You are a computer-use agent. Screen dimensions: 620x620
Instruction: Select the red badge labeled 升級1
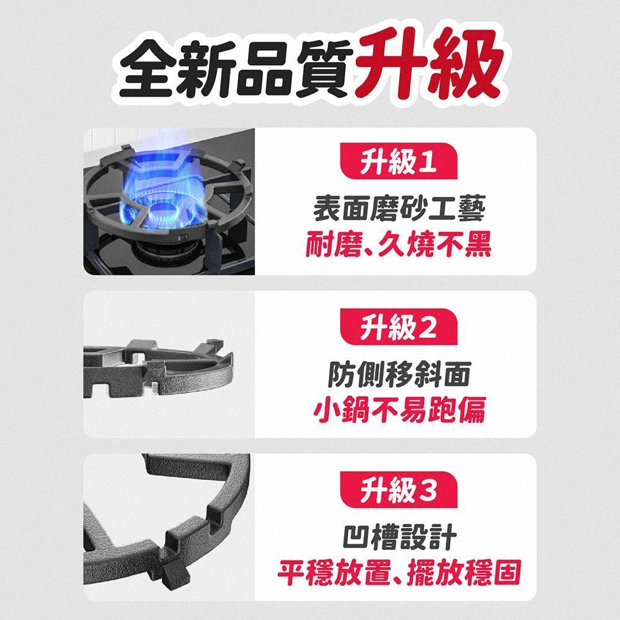pyautogui.click(x=399, y=161)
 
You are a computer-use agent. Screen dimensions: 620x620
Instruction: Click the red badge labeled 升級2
pyautogui.click(x=399, y=327)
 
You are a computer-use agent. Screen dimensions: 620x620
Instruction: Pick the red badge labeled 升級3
pyautogui.click(x=399, y=490)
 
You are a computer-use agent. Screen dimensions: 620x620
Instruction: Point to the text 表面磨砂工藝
pyautogui.click(x=399, y=209)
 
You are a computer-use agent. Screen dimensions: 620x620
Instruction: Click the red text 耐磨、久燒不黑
pyautogui.click(x=399, y=244)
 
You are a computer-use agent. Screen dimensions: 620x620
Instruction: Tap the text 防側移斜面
pyautogui.click(x=399, y=374)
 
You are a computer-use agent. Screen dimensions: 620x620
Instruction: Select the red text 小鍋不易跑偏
pyautogui.click(x=399, y=409)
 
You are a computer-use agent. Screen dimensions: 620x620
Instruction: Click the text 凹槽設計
pyautogui.click(x=399, y=536)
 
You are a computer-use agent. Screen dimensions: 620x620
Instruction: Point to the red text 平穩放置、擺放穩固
pyautogui.click(x=399, y=572)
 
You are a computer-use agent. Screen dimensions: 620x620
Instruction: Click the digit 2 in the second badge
pyautogui.click(x=427, y=327)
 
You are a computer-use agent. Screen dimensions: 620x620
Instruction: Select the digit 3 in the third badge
pyautogui.click(x=427, y=490)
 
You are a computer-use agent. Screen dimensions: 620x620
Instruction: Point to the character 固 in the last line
pyautogui.click(x=508, y=572)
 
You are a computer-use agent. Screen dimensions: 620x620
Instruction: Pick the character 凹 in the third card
pyautogui.click(x=356, y=537)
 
